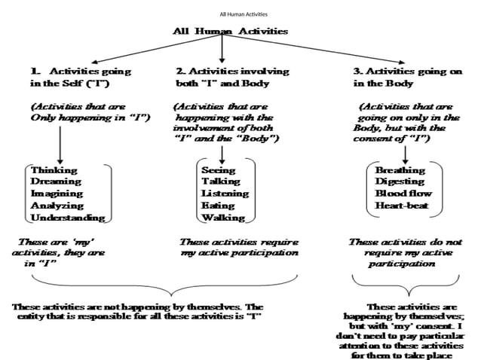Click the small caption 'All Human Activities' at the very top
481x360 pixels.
point(243,14)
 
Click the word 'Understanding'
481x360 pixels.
point(67,218)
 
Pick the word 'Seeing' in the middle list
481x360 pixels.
point(218,170)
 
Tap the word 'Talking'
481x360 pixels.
point(220,182)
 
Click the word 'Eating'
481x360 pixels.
point(218,206)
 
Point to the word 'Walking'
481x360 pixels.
point(222,218)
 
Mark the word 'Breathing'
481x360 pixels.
point(400,170)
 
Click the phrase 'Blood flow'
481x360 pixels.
point(403,194)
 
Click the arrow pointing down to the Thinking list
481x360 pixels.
point(60,143)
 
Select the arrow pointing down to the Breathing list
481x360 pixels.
point(406,153)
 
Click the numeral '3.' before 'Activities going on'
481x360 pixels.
point(359,71)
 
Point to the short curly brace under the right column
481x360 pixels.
point(406,282)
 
